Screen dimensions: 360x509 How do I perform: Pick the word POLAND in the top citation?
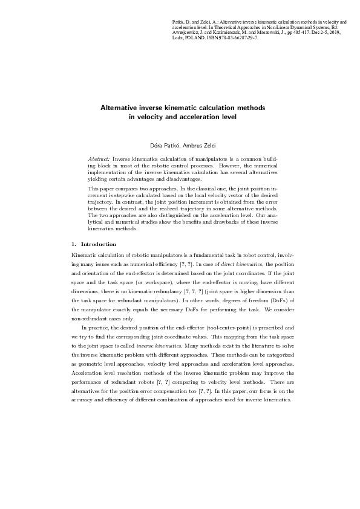coord(197,37)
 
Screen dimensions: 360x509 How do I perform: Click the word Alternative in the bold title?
coord(122,107)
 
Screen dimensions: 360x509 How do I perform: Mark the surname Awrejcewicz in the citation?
coord(188,33)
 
